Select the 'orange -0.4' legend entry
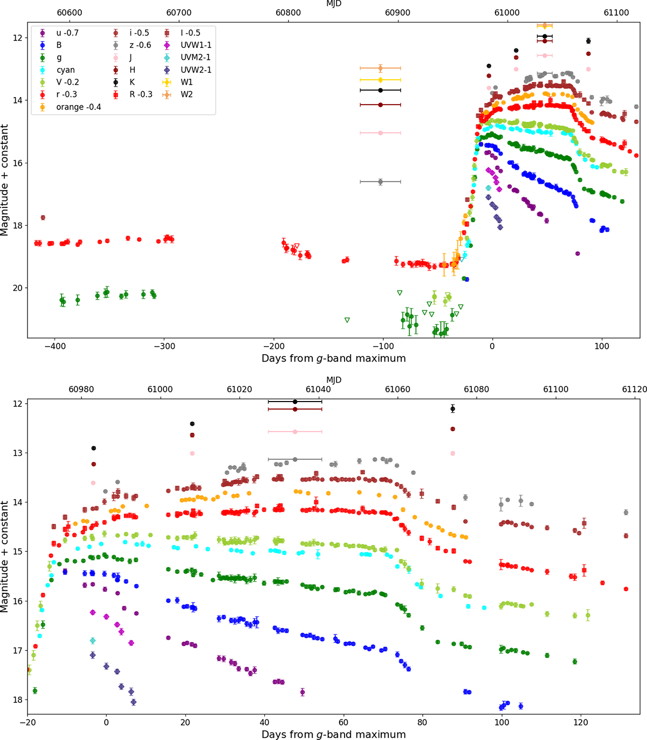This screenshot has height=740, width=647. (x=70, y=107)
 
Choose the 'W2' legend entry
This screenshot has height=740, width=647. (x=179, y=94)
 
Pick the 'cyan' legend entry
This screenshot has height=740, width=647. (x=57, y=70)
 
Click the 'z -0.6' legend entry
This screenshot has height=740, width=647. (x=132, y=45)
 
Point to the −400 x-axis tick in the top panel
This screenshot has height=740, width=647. (x=54, y=346)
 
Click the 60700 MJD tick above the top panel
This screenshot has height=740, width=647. (x=179, y=12)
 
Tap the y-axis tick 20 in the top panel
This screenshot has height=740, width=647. (x=17, y=288)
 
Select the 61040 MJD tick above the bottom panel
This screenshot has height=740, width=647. (x=319, y=390)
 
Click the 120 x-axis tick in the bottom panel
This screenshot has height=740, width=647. (x=581, y=722)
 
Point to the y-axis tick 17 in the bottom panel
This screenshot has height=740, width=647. (x=17, y=651)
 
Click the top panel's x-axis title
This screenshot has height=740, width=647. (x=334, y=358)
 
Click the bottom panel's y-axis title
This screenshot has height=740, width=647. (x=4, y=557)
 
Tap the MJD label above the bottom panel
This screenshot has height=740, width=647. (x=334, y=380)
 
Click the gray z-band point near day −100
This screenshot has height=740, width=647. (x=380, y=182)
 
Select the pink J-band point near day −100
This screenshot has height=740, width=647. (x=380, y=133)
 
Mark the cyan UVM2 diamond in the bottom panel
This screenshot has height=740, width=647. (x=93, y=640)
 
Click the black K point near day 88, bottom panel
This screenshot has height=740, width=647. (x=453, y=409)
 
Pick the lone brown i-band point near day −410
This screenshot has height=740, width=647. (x=43, y=218)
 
